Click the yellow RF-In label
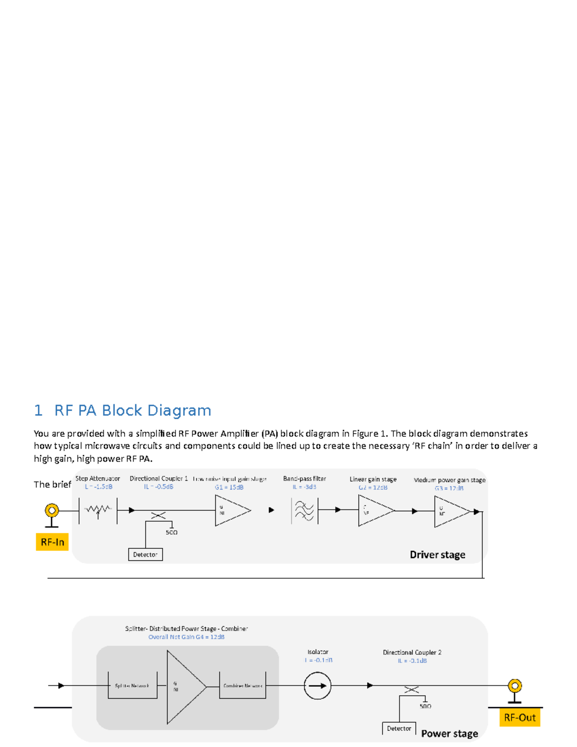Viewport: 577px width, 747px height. point(52,542)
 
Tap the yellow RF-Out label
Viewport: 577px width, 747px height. point(519,718)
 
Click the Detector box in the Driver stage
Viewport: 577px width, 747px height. point(145,555)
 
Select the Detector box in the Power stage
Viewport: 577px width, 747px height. point(399,728)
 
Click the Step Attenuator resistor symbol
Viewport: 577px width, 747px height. point(98,510)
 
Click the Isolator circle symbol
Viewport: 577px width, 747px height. point(317,686)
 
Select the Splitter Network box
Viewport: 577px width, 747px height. point(132,685)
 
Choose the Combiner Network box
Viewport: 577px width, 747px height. point(242,685)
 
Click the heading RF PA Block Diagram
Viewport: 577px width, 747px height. point(132,410)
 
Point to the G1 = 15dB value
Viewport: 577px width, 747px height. point(229,487)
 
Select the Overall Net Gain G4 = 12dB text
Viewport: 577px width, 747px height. point(187,637)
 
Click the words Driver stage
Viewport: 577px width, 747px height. point(437,555)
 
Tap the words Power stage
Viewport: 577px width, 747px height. point(450,734)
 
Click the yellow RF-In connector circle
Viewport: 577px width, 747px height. point(52,510)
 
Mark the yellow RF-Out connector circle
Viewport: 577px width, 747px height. point(515,685)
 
